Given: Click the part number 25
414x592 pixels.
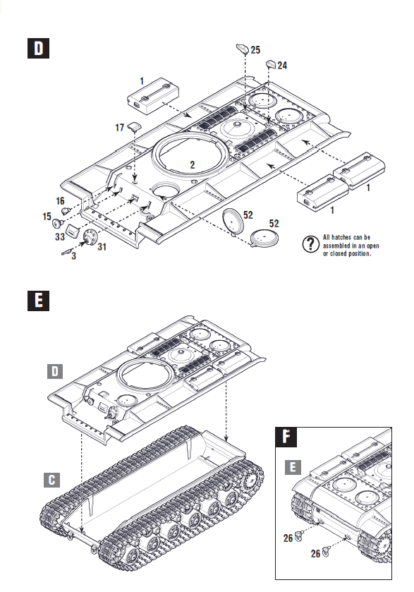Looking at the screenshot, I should tap(255, 49).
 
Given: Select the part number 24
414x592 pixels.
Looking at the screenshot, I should tap(282, 65).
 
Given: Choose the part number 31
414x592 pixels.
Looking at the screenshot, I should tap(102, 246).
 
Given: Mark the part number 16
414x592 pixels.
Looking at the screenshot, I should tap(60, 201).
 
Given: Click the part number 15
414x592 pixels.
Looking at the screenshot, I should tap(47, 215).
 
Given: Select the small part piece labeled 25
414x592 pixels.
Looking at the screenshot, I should tap(242, 49).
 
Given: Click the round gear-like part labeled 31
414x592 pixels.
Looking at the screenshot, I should tap(90, 238).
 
